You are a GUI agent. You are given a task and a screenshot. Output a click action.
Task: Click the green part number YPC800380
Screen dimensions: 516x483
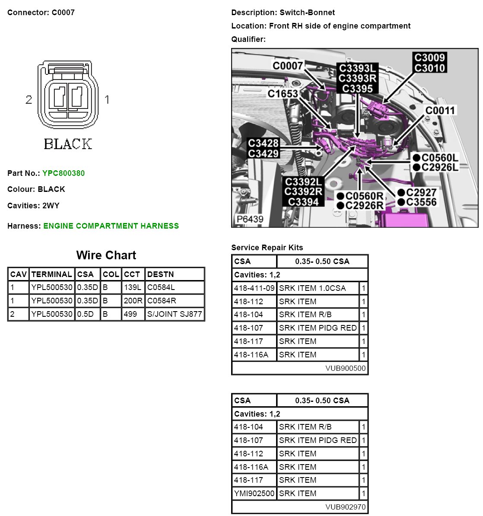64,173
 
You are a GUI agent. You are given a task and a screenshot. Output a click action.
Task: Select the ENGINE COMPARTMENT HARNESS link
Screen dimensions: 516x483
111,226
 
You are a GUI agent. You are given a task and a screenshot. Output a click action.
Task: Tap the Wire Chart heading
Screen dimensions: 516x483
106,255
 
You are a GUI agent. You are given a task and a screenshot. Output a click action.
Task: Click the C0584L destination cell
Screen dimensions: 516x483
161,287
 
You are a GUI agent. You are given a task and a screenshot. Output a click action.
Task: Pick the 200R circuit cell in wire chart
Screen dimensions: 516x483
133,301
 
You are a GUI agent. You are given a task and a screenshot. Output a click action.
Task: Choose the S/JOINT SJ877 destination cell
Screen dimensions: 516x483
175,314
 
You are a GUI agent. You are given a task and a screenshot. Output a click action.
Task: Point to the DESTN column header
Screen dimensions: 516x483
160,274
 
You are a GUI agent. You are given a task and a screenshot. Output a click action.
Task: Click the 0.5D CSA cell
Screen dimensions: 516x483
85,314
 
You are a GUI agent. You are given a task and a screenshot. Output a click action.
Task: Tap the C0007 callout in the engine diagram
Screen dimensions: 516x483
288,66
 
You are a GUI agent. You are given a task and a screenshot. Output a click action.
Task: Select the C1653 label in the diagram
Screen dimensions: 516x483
283,94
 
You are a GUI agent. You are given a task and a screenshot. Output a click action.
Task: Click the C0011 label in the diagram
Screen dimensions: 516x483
440,111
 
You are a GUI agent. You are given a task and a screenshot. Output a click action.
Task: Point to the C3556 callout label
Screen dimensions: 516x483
421,202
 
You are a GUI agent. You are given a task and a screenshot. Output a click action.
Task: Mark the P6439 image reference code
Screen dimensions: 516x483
250,219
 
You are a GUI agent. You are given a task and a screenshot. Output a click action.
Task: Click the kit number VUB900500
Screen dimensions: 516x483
346,368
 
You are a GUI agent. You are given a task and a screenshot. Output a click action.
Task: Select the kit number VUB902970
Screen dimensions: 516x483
346,507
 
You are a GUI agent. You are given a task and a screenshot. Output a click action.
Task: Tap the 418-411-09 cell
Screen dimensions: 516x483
254,288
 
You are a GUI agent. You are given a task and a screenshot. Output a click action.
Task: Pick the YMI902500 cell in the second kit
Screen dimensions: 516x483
254,494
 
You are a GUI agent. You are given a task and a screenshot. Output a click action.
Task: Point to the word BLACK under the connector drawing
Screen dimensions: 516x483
68,144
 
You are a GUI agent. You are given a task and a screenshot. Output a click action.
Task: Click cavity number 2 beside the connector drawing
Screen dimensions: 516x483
29,100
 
